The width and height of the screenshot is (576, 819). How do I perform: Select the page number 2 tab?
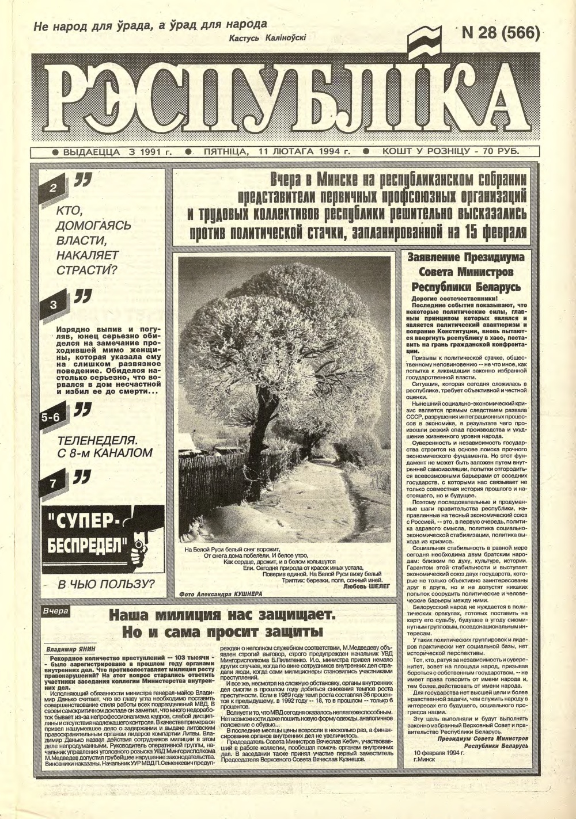click(54, 188)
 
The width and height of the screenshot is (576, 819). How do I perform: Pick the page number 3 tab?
click(54, 304)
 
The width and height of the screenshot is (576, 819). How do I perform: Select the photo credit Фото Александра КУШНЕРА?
click(221, 593)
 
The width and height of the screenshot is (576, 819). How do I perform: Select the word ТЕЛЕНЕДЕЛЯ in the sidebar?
click(97, 440)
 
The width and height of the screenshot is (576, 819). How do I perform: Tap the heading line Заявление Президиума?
click(465, 258)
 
